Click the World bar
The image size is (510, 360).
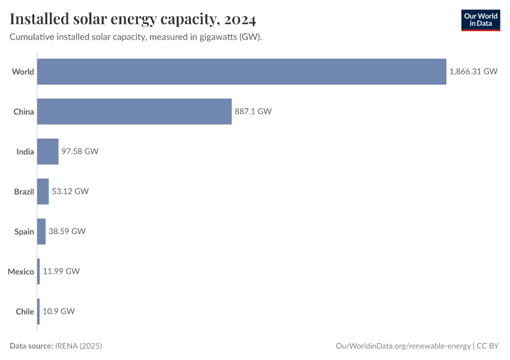(242, 71)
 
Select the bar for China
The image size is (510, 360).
(134, 111)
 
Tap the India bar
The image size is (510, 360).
(48, 151)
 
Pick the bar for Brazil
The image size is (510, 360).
(43, 191)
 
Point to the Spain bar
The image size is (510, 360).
(41, 231)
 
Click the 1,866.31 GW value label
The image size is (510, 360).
(473, 71)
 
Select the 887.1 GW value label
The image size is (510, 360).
(253, 111)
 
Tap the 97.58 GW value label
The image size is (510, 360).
(80, 151)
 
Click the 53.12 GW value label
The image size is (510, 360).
(70, 191)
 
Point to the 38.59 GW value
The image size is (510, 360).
(67, 231)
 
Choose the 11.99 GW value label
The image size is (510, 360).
(61, 271)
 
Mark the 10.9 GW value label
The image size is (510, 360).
(59, 311)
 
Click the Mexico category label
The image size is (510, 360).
(21, 271)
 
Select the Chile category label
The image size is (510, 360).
(25, 311)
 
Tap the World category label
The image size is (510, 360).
(23, 71)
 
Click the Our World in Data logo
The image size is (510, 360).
(481, 20)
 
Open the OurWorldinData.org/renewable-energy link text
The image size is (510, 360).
(403, 346)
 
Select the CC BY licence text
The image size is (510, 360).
(489, 346)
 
